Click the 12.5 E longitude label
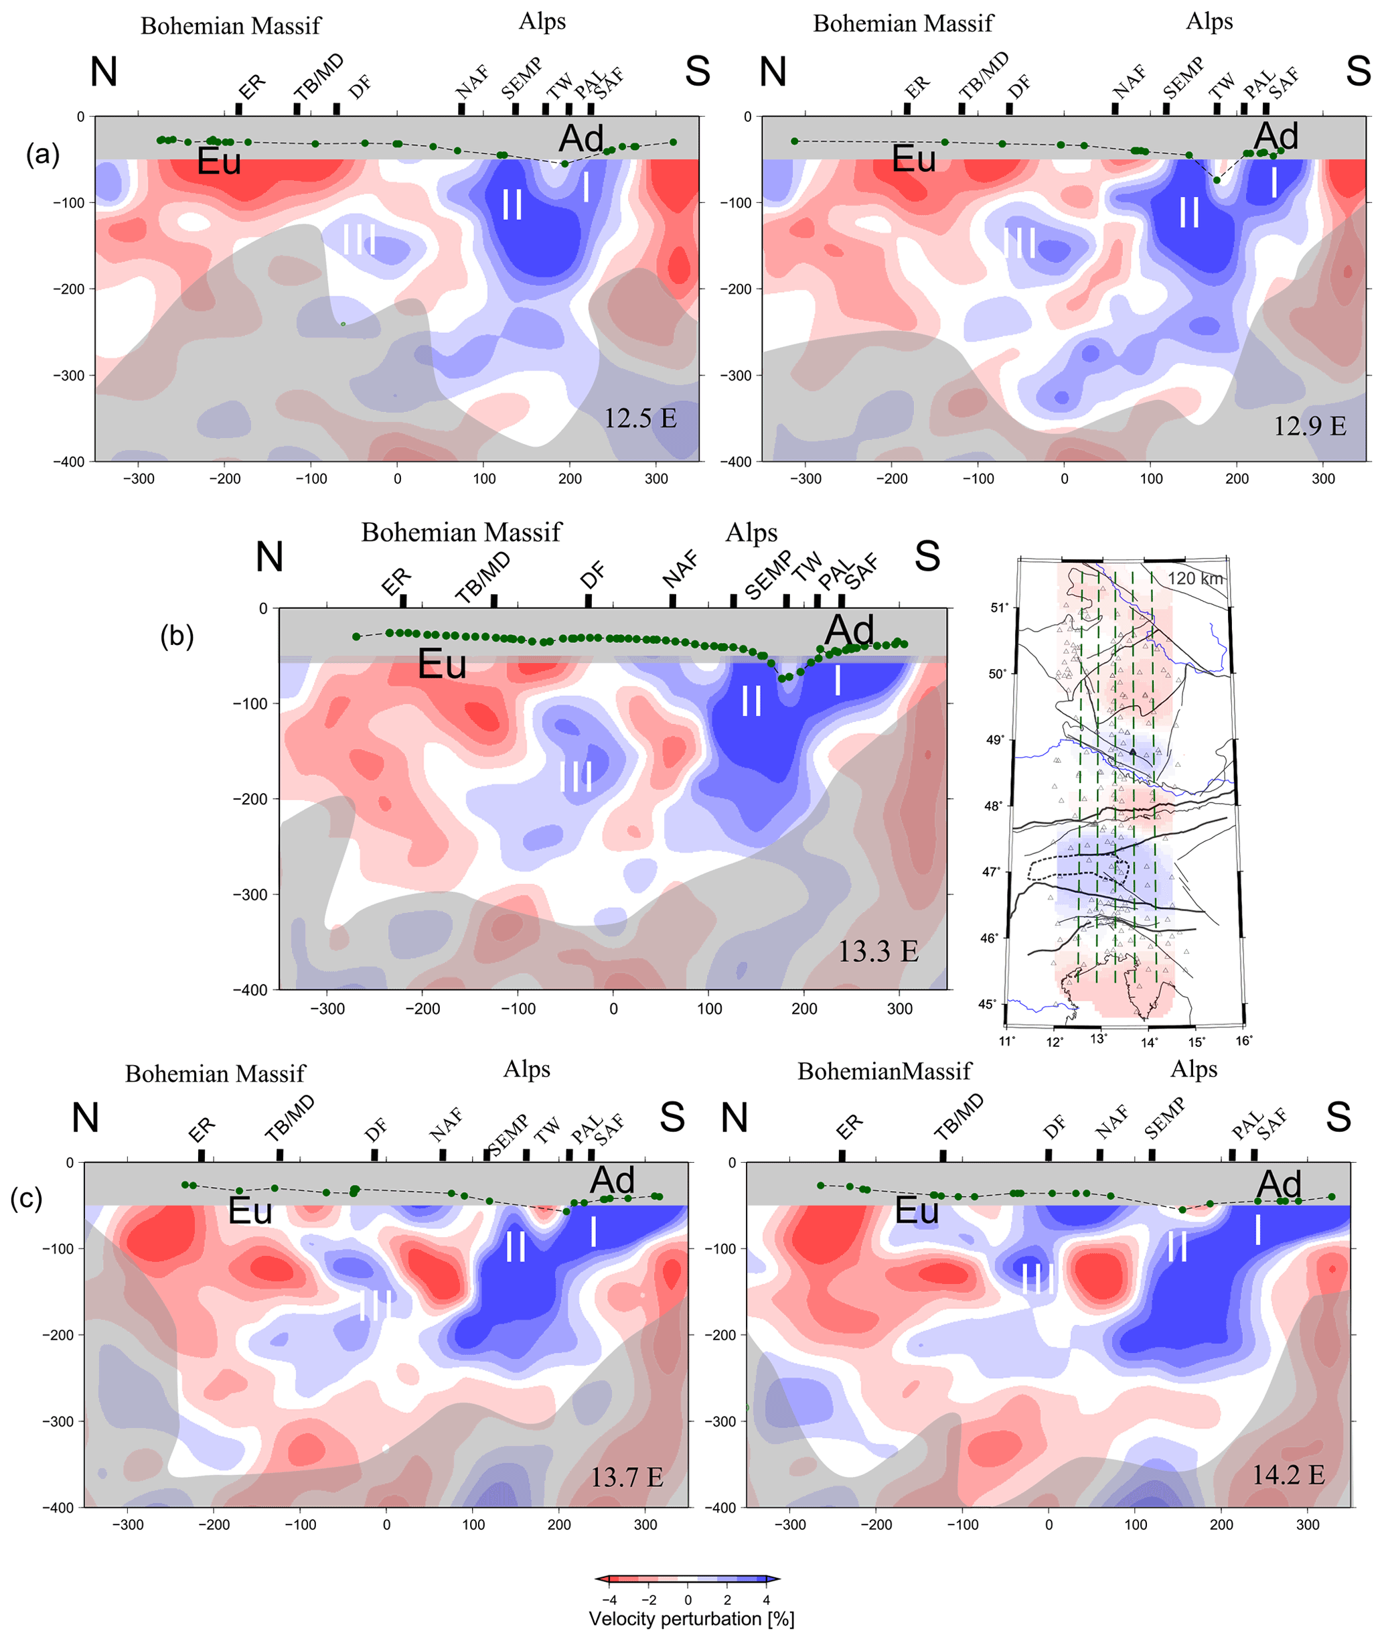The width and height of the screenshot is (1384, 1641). [x=639, y=419]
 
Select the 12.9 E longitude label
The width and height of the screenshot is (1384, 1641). [x=1310, y=426]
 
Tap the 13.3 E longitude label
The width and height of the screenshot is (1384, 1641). [x=878, y=951]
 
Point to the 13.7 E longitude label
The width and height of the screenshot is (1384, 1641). [x=627, y=1477]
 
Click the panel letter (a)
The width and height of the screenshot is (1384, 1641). [x=42, y=154]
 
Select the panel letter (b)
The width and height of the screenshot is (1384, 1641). [x=177, y=635]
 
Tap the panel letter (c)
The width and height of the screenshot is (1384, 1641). [x=26, y=1198]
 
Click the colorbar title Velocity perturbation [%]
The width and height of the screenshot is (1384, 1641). [x=691, y=1619]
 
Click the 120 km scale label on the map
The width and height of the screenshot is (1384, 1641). [x=1195, y=579]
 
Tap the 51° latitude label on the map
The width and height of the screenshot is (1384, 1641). [x=998, y=608]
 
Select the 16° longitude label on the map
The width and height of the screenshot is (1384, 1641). [x=1243, y=1041]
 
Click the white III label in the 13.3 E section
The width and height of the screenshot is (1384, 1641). [x=576, y=776]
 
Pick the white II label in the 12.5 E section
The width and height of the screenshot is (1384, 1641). [x=512, y=205]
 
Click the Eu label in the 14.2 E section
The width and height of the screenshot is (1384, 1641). [x=917, y=1210]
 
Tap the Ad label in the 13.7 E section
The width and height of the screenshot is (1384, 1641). [x=612, y=1180]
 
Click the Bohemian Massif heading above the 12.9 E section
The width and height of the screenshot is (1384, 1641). [x=903, y=23]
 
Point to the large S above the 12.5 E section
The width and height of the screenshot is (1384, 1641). [x=698, y=72]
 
